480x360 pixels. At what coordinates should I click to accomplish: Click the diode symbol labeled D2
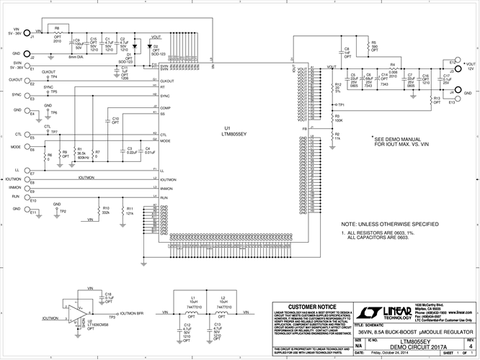tap(147, 47)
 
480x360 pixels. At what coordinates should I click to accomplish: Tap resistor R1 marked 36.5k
tap(71, 153)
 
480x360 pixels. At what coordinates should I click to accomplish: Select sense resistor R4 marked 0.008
tap(393, 69)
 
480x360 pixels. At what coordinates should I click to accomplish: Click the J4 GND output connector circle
tap(451, 94)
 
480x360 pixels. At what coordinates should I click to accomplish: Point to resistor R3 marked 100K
tap(332, 117)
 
